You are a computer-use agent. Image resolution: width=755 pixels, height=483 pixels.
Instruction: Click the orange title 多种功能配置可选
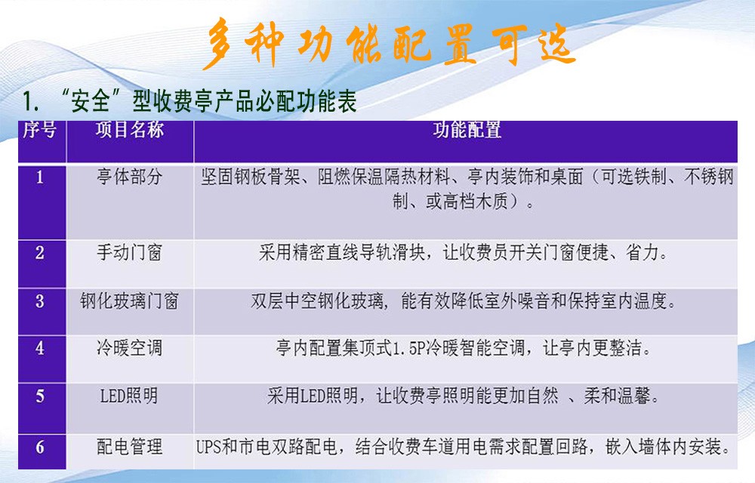pos(389,43)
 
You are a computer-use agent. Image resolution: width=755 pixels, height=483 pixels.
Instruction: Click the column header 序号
pos(40,130)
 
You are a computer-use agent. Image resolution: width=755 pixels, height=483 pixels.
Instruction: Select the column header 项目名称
pos(130,130)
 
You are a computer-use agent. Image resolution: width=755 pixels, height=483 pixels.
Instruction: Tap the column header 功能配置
pos(467,130)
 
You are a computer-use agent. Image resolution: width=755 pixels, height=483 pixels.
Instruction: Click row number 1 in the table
pos(40,177)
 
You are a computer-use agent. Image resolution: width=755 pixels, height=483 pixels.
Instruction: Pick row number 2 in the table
pos(40,252)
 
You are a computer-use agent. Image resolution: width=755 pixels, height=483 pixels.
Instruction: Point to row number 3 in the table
pos(40,301)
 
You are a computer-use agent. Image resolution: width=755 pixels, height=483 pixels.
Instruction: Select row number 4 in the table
pos(40,347)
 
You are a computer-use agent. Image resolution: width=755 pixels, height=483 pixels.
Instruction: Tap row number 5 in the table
pos(40,396)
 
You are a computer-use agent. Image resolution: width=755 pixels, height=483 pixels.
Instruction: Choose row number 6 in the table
pos(40,447)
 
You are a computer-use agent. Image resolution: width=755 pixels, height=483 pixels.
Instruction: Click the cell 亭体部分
pos(130,177)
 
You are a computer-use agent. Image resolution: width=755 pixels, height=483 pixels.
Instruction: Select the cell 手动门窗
pos(130,252)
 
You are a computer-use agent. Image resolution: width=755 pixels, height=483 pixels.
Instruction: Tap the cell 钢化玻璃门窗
pos(130,301)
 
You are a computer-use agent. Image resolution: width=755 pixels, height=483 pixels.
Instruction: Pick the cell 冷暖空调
pos(130,347)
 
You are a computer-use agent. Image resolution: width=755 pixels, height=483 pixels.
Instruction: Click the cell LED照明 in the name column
pos(129,396)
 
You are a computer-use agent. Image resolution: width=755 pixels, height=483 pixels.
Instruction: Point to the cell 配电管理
pos(130,447)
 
